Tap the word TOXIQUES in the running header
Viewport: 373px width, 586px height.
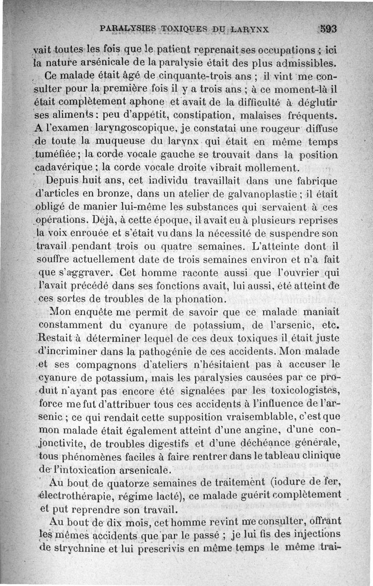click(180, 28)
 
